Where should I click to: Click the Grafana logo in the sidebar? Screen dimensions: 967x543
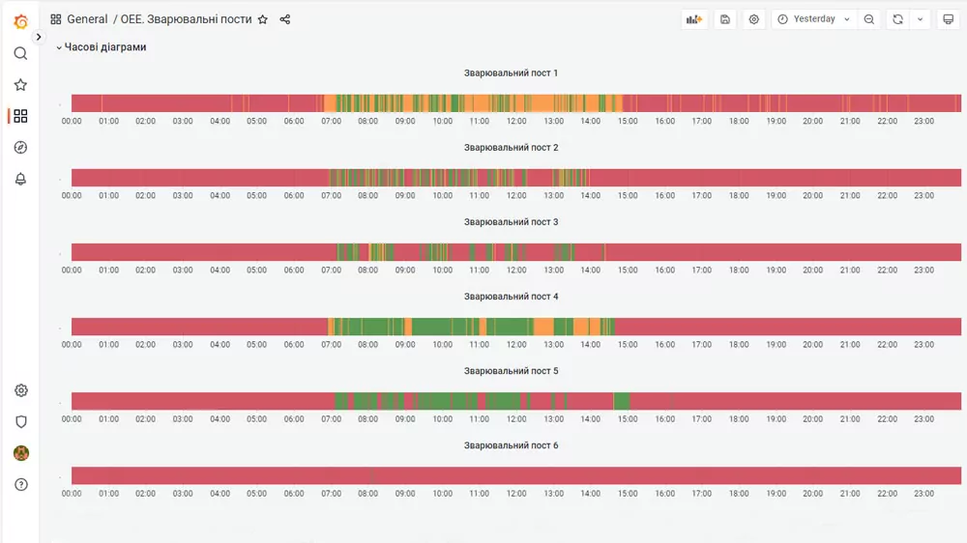click(20, 21)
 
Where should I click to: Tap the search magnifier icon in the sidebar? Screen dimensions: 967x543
click(20, 53)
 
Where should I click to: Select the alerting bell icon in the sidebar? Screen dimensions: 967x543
click(20, 179)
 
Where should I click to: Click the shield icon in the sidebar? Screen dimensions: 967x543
click(21, 421)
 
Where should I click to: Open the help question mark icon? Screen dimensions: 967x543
click(21, 484)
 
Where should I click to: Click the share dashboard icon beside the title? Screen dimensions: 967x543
click(285, 19)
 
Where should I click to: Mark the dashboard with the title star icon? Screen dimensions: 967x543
click(263, 19)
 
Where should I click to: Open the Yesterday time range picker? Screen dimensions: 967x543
click(814, 19)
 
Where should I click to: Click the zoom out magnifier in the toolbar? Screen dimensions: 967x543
click(869, 19)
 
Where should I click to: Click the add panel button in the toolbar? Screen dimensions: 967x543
click(694, 19)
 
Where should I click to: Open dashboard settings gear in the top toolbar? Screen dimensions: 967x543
click(753, 19)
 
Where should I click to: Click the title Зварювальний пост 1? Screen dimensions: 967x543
click(511, 72)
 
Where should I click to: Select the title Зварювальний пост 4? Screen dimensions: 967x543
click(511, 297)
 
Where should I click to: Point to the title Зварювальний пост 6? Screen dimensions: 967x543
click(511, 445)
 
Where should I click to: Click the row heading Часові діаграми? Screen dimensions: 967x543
click(104, 46)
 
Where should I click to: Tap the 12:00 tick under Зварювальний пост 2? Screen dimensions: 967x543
click(516, 195)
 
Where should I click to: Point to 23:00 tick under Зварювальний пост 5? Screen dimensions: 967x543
click(923, 419)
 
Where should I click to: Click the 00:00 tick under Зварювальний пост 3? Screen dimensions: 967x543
click(72, 270)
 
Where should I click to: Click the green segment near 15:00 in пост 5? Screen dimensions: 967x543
click(622, 401)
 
